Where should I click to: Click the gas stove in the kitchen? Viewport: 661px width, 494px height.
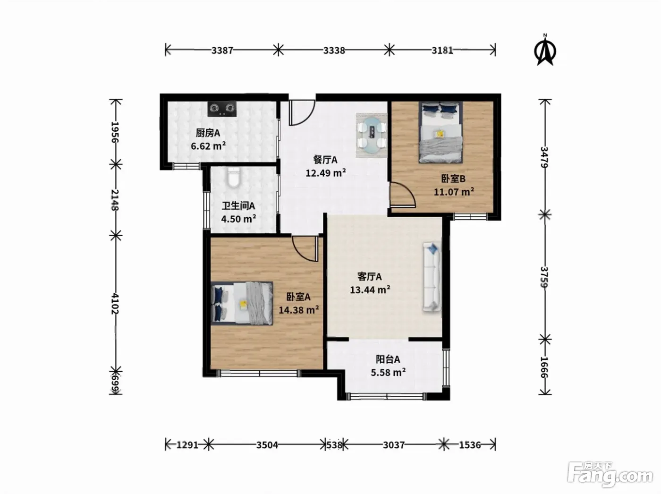[222, 109]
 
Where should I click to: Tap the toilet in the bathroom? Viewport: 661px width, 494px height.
[233, 178]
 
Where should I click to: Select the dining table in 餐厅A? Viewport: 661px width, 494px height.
[372, 135]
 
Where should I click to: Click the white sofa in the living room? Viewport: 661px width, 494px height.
[432, 277]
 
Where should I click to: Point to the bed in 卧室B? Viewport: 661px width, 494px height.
[441, 132]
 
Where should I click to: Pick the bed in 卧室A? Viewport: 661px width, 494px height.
[242, 303]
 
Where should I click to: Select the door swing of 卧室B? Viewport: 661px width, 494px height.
[402, 195]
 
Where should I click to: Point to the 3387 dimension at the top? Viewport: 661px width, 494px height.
[222, 51]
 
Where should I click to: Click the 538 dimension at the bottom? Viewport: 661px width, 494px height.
[334, 445]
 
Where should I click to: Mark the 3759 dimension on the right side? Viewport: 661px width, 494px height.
[544, 277]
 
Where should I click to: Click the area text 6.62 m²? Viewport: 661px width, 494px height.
[208, 146]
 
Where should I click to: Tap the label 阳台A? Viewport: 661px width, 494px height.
[388, 359]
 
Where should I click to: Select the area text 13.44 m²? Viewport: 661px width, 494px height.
[370, 290]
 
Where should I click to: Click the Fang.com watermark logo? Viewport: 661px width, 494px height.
[610, 475]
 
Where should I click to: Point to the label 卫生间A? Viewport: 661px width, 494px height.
[238, 206]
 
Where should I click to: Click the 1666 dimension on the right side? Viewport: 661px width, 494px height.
[544, 367]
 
